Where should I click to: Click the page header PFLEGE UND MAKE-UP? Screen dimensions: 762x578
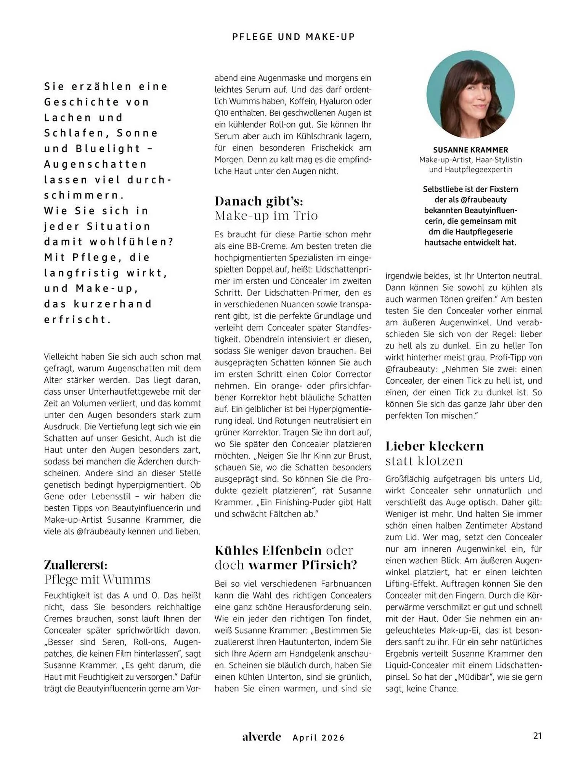pyautogui.click(x=293, y=37)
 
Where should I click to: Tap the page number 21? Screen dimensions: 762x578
pyautogui.click(x=537, y=736)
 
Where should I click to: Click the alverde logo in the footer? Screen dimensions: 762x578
pyautogui.click(x=262, y=736)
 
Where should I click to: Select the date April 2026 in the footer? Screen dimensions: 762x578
pyautogui.click(x=318, y=738)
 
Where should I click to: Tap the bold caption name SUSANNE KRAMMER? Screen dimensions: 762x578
pyautogui.click(x=470, y=150)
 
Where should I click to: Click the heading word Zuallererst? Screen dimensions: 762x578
pyautogui.click(x=75, y=564)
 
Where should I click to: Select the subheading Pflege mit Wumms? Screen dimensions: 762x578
pyautogui.click(x=97, y=579)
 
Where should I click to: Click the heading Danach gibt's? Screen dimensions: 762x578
pyautogui.click(x=258, y=201)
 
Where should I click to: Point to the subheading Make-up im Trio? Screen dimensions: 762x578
pyautogui.click(x=266, y=216)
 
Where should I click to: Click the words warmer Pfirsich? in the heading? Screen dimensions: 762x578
pyautogui.click(x=303, y=564)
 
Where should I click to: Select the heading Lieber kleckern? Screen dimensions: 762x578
pyautogui.click(x=434, y=445)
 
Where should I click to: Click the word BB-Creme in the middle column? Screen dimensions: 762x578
pyautogui.click(x=265, y=246)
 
